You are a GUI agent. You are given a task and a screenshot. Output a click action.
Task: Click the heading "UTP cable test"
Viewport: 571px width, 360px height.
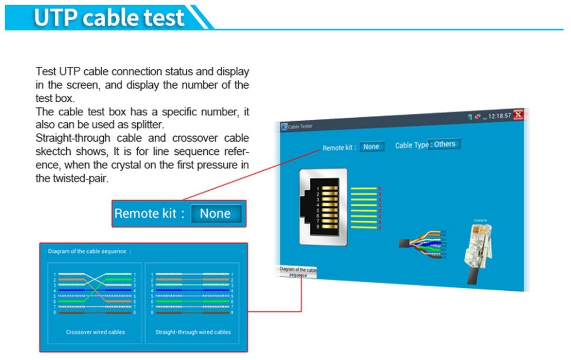tap(108, 17)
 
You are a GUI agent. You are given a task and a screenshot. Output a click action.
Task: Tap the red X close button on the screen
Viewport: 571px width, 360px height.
tap(518, 115)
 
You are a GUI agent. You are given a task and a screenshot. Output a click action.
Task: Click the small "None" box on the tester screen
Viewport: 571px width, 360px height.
tap(371, 147)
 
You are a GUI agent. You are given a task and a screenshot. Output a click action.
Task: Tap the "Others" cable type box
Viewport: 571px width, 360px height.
tap(445, 144)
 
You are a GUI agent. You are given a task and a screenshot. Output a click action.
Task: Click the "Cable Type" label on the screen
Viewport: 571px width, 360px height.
tap(411, 145)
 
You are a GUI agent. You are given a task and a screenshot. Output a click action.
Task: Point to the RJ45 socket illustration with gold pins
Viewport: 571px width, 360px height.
tap(323, 206)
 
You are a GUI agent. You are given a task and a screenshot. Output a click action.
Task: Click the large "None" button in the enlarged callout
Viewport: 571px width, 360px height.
tap(215, 214)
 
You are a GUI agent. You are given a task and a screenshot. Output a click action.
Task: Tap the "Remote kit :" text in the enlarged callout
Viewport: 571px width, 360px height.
tap(150, 214)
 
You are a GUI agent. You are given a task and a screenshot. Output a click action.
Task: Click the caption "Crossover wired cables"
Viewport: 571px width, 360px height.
tap(95, 332)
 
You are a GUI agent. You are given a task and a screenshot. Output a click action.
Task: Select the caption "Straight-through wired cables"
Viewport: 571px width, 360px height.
tap(193, 332)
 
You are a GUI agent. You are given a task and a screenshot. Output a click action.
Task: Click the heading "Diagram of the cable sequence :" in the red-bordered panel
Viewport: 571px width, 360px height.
tap(90, 251)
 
